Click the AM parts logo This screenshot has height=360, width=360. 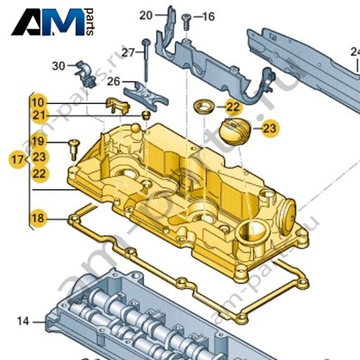click(53, 22)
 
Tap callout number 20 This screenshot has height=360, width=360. click(146, 15)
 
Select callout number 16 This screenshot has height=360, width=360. click(208, 17)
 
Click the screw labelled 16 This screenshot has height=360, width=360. click(186, 22)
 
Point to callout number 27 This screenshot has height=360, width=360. click(128, 53)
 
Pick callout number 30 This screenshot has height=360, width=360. click(58, 66)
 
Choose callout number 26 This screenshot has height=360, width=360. click(114, 82)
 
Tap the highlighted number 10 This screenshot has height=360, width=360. click(38, 103)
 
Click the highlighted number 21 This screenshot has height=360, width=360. click(39, 115)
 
